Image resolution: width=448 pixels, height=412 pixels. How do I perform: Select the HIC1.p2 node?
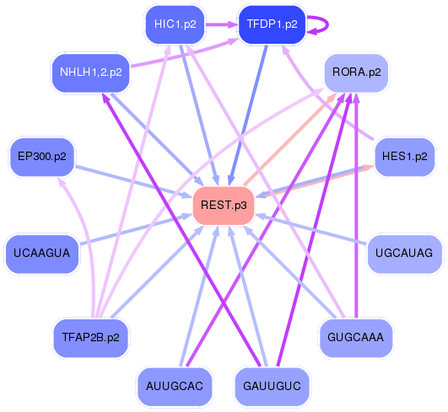(x=175, y=24)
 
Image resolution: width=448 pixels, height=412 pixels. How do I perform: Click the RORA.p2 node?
(x=356, y=72)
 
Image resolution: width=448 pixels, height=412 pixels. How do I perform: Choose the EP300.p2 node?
(x=42, y=157)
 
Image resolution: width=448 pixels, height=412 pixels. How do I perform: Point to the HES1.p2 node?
(x=404, y=157)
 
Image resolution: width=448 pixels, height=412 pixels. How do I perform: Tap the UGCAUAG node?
(x=404, y=253)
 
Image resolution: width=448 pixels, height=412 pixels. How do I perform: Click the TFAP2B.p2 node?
(x=91, y=337)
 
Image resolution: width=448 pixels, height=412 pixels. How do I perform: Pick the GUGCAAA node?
(x=356, y=337)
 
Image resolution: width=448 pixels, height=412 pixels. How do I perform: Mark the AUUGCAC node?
(x=174, y=386)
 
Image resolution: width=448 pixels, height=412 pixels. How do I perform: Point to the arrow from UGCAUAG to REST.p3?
(x=312, y=230)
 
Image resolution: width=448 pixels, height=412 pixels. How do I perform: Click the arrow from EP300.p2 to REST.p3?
(x=135, y=182)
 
